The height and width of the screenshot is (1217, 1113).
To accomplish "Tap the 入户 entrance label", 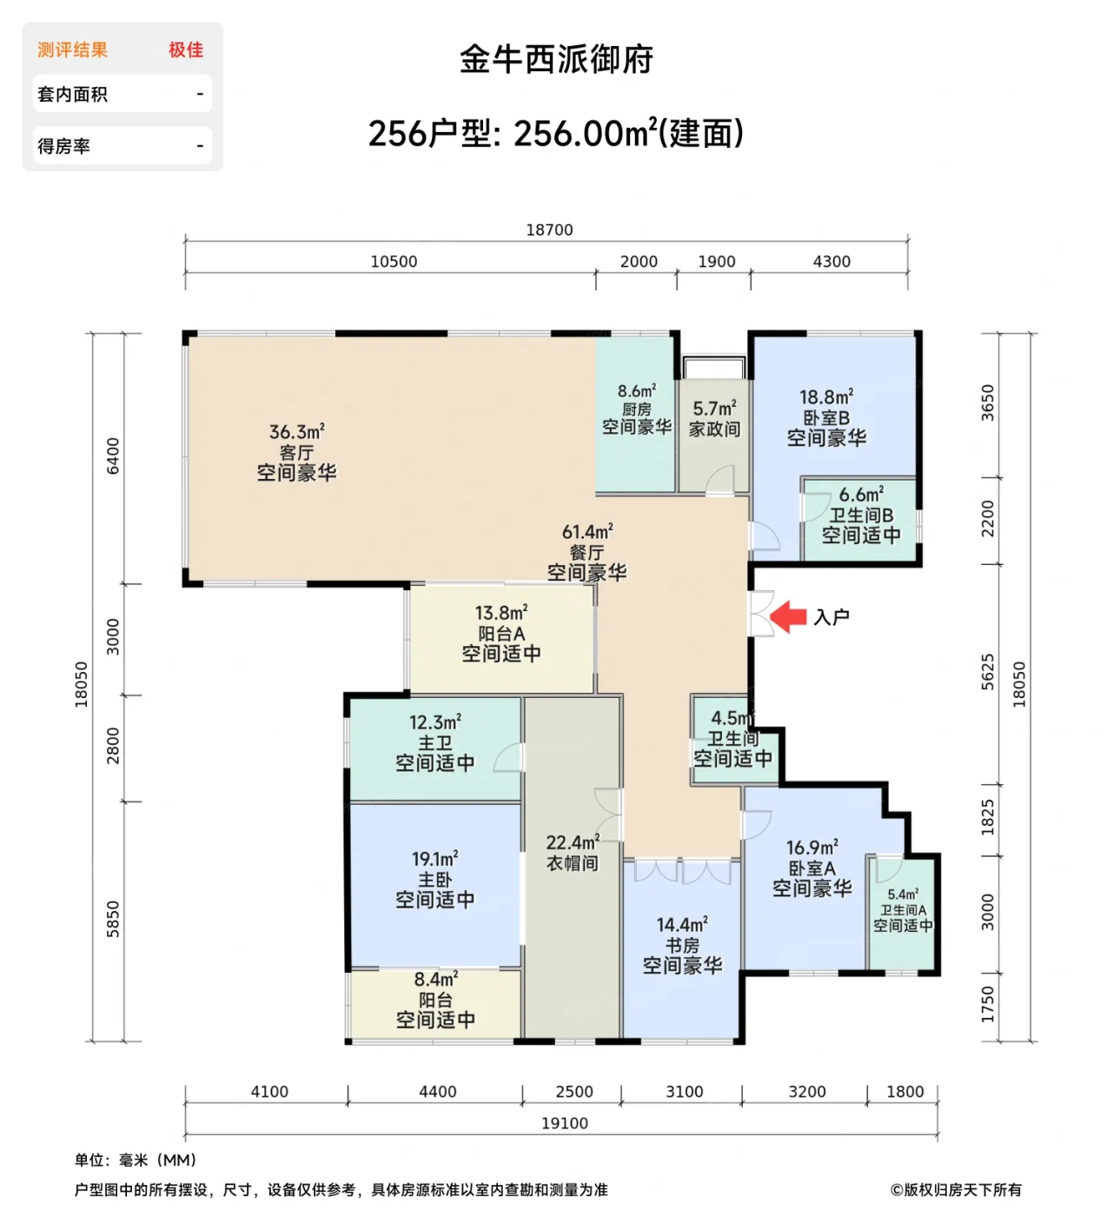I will point(831,617).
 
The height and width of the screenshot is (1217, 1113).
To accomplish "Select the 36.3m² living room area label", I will point(296,432).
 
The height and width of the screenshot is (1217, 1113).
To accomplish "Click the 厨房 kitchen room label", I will point(637,409).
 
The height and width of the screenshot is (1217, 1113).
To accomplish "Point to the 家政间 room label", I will point(714,429).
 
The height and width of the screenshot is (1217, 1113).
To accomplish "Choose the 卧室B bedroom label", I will point(826,418).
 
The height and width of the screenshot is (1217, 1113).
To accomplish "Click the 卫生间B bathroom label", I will point(861,515).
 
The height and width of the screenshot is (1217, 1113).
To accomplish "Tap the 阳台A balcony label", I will point(501,634).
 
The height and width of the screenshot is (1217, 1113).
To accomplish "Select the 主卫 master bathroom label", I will point(434,743).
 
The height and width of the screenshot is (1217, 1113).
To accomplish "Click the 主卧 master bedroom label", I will point(434,880).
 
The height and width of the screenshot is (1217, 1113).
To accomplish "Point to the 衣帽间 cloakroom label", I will point(572,863).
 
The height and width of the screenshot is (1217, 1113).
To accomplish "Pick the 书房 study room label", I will point(682,945).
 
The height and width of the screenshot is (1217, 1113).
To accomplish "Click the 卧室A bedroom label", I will point(812,868).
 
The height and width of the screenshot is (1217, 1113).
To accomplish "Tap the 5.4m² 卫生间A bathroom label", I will point(903,894).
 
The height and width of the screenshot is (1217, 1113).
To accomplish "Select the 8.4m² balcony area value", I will point(435,980).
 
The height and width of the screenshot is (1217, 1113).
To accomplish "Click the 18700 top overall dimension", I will point(549,229).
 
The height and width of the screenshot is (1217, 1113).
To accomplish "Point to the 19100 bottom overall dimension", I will point(564,1123).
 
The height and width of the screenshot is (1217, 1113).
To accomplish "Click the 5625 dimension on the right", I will point(988,672).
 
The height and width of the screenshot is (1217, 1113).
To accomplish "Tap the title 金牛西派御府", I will point(556,60).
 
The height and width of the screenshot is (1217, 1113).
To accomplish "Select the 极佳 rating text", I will point(186,50).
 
